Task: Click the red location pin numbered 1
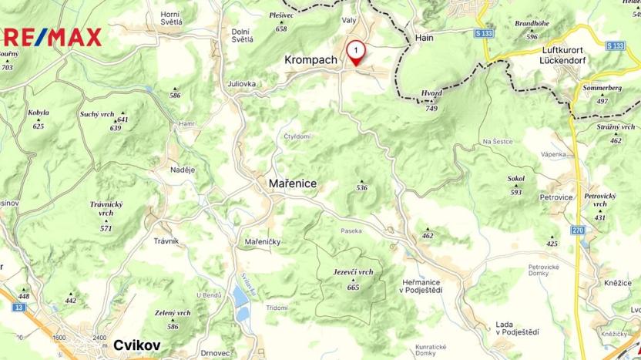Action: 356,52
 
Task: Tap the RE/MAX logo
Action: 50,36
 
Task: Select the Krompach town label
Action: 310,59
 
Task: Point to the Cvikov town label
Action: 136,345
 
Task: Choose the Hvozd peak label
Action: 431,93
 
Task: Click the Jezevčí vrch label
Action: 353,272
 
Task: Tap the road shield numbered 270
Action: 578,230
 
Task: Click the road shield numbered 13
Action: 18,307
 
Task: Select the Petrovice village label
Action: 556,197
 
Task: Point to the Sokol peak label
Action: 516,179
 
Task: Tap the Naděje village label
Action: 183,169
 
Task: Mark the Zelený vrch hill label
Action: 173,313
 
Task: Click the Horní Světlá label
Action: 171,18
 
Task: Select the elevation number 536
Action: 362,188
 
